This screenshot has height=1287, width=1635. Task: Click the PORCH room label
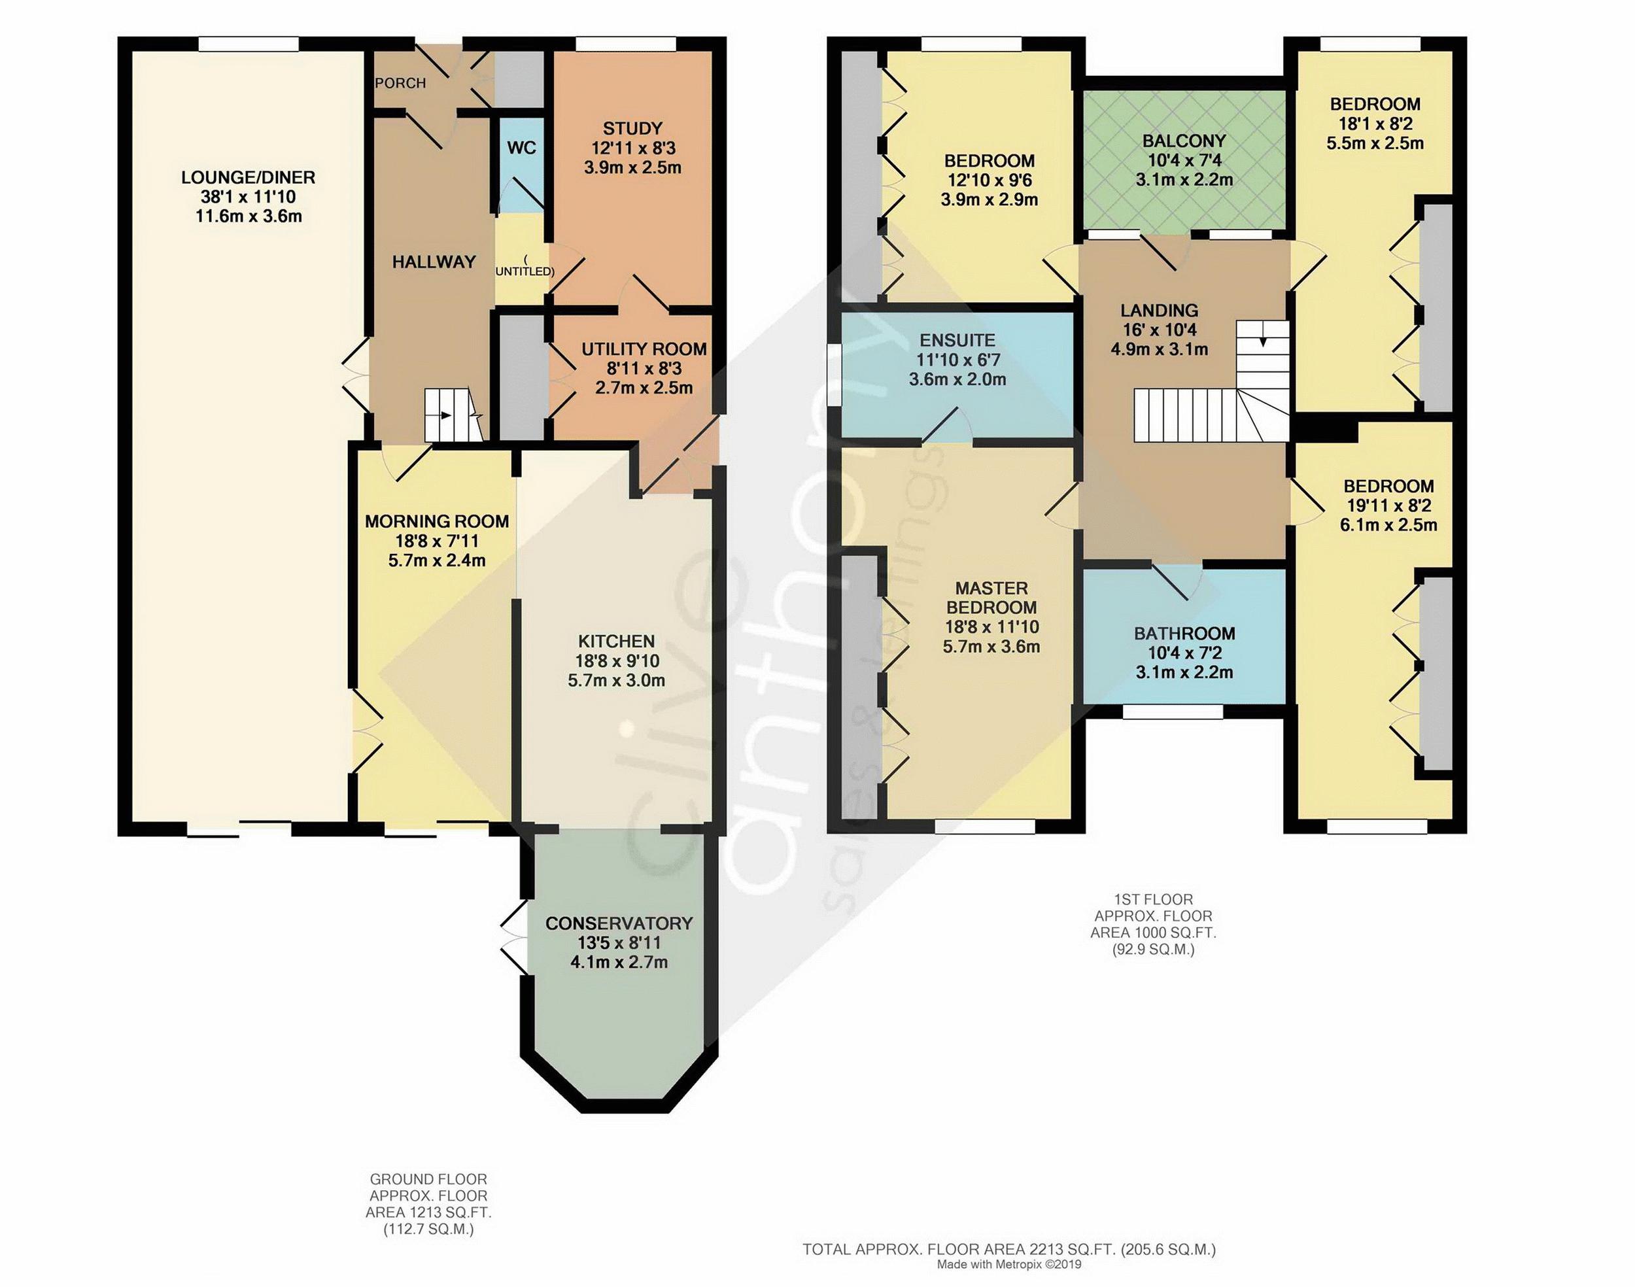coord(400,83)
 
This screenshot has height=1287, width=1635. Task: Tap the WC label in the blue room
coord(521,148)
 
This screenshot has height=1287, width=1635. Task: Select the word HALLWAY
coord(434,262)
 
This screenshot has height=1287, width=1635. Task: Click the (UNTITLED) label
coord(525,266)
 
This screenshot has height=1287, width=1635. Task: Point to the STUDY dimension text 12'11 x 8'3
coord(633,148)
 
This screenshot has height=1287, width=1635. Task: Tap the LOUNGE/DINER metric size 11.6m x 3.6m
coord(249,217)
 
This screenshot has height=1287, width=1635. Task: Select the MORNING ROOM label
coord(437,521)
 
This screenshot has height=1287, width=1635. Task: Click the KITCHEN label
coord(616,642)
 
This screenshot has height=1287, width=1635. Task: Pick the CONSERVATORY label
coord(619,923)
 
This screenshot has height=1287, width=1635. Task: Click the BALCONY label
coord(1184,141)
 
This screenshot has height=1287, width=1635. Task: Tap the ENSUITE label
coord(957,341)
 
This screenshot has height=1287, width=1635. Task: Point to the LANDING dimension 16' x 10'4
coord(1159,330)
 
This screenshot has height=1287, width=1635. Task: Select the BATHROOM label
coord(1184,634)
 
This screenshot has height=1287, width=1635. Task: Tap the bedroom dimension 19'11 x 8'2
coord(1388,506)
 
